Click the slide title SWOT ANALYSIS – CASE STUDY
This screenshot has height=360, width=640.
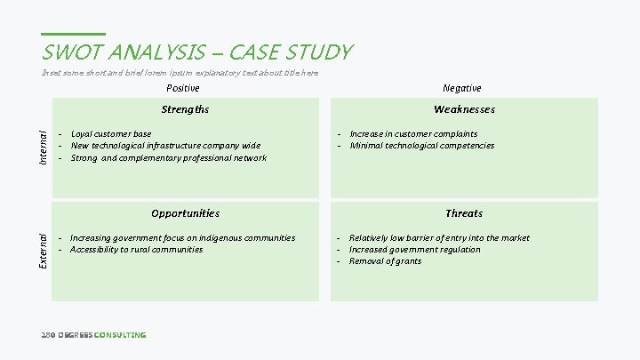click(197, 52)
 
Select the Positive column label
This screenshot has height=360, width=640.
click(183, 88)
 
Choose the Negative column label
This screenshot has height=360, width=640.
click(462, 88)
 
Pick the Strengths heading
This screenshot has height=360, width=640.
click(185, 109)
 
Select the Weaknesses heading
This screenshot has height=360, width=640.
click(464, 109)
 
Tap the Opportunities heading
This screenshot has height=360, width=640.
click(185, 213)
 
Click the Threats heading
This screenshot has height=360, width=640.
click(464, 213)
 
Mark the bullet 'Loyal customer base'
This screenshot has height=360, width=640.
click(111, 134)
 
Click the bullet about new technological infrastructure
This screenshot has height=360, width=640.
click(165, 146)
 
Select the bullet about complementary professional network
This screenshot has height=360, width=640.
click(168, 158)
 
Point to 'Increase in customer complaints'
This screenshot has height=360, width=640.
click(413, 134)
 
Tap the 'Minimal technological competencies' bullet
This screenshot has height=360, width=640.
click(422, 146)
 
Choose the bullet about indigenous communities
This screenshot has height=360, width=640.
click(182, 238)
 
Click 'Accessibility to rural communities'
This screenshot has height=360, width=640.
click(136, 250)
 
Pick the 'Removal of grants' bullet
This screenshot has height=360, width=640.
click(385, 261)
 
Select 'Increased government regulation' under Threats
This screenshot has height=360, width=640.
click(414, 250)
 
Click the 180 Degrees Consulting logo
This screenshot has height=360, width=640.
click(93, 335)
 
